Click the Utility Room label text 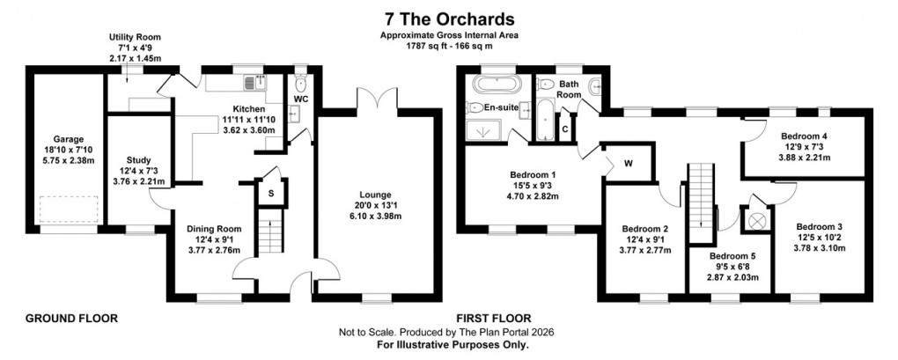pyautogui.click(x=135, y=38)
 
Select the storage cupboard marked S pyautogui.click(x=269, y=193)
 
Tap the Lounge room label pyautogui.click(x=374, y=195)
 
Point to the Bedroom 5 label pyautogui.click(x=734, y=256)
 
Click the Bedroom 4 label pyautogui.click(x=804, y=136)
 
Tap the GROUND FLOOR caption pyautogui.click(x=71, y=317)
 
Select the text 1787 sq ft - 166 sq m pyautogui.click(x=448, y=46)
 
